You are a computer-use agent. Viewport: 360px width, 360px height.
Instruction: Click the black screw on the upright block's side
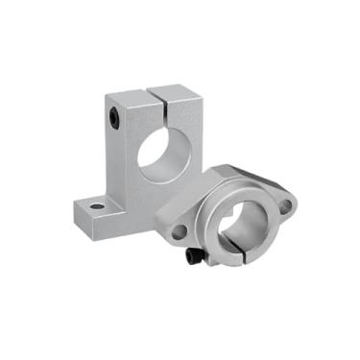[x=113, y=116]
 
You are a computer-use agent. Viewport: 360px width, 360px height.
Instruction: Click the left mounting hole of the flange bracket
[x=179, y=229]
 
